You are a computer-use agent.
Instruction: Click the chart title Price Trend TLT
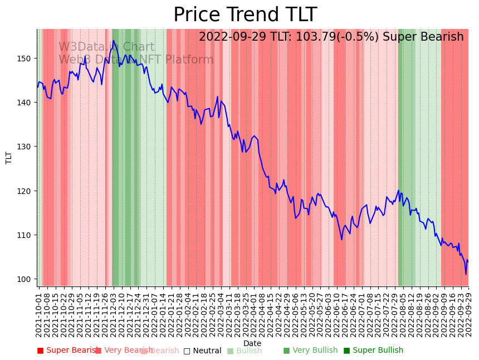point(245,15)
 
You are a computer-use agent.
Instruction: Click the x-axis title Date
point(252,343)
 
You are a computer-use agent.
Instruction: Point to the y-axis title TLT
point(9,157)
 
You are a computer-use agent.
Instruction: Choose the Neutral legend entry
point(203,351)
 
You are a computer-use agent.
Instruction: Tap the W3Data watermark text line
point(106,47)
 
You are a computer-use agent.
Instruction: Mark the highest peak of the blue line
point(113,41)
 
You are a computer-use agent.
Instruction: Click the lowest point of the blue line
point(466,274)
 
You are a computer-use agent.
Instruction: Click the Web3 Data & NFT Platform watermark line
point(136,60)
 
